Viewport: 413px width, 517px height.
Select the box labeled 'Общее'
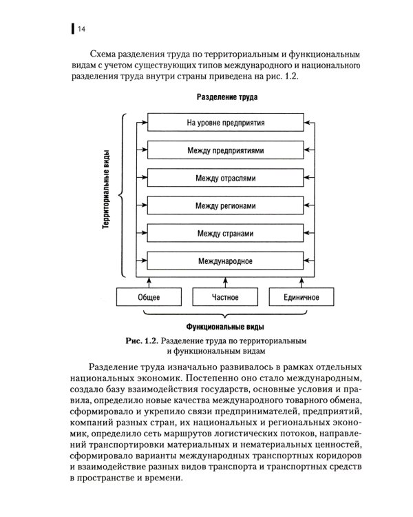pos(149,297)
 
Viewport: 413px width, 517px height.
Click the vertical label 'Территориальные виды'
pos(108,192)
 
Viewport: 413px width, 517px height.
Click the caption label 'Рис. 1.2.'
pos(142,341)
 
